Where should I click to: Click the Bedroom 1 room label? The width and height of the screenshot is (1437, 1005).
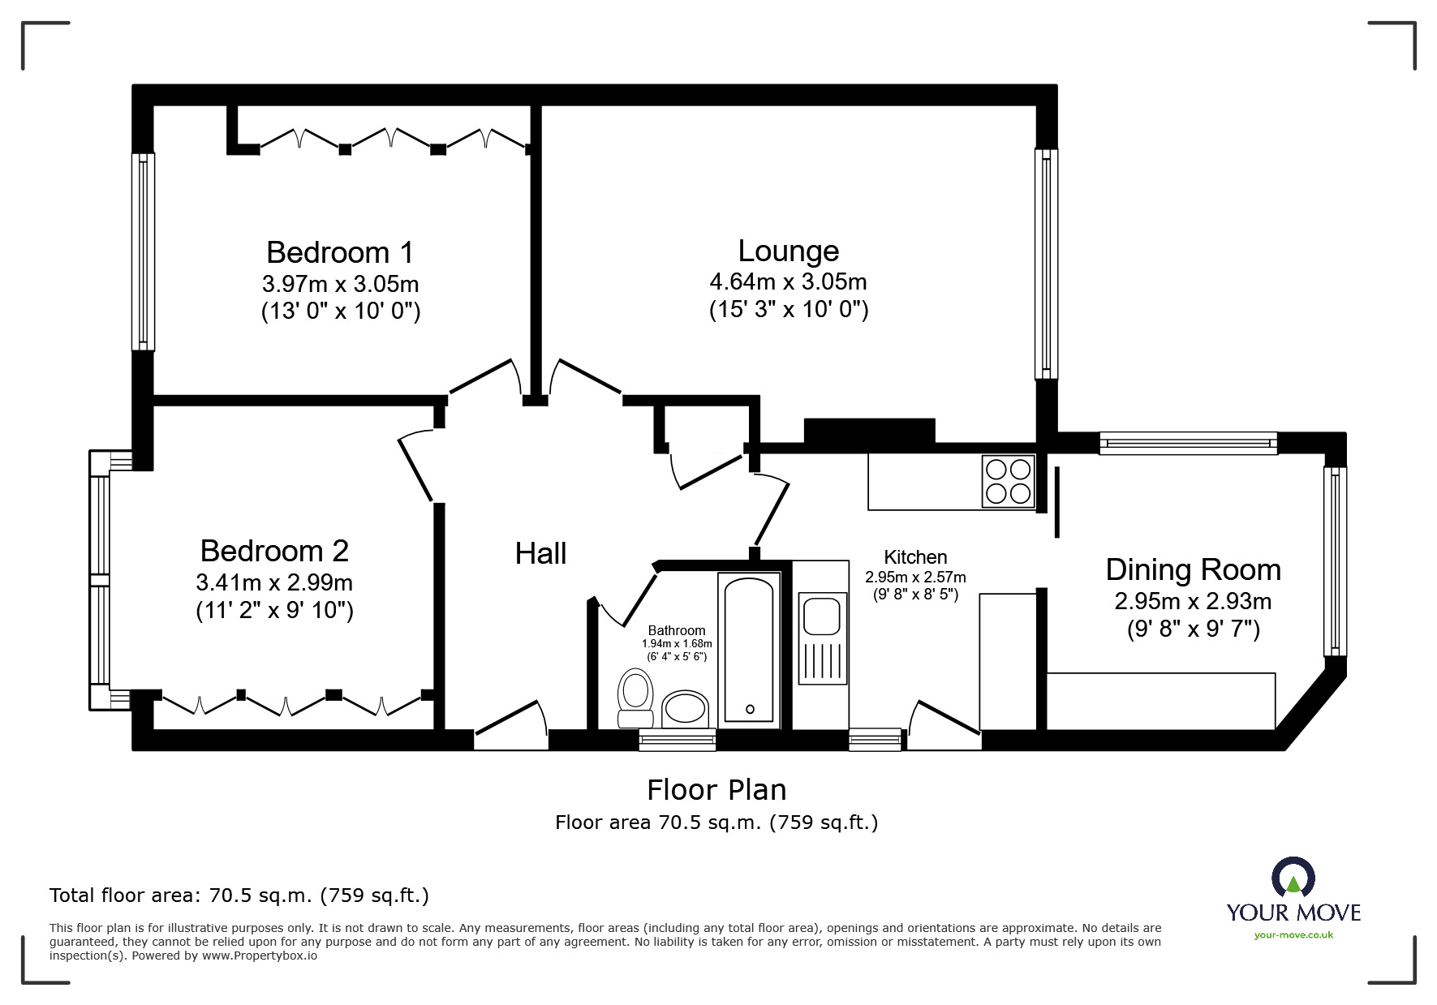tap(340, 252)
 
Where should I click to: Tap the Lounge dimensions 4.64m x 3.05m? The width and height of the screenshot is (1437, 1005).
tap(788, 282)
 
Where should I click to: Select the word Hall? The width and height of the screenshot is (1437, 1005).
tap(540, 554)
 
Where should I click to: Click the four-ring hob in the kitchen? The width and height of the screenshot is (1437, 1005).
tap(1008, 481)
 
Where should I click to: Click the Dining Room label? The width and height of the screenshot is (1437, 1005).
tap(1193, 570)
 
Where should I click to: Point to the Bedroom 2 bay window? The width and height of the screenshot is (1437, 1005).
tap(99, 579)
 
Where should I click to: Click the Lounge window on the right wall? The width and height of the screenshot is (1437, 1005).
tap(1047, 263)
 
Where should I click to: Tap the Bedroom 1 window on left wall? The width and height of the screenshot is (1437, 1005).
tap(144, 251)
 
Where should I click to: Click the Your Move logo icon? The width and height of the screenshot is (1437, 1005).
tap(1293, 878)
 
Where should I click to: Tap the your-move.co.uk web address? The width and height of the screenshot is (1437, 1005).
tap(1293, 935)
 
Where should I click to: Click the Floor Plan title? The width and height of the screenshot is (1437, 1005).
tap(716, 789)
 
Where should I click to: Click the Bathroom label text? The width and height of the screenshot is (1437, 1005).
tap(677, 630)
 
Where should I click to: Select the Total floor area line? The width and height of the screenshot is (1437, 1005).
tap(239, 895)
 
